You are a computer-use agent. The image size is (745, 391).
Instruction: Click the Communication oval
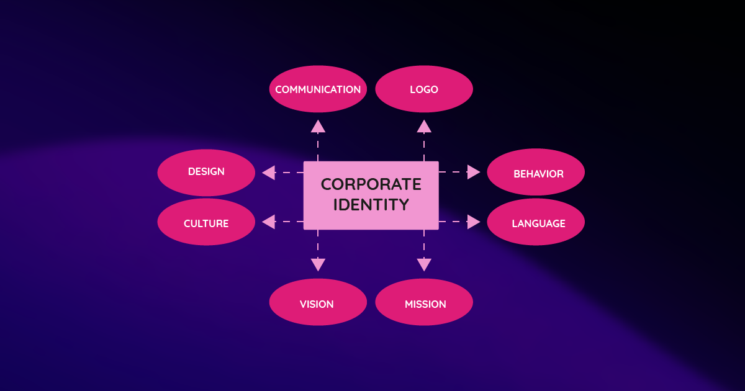(x=318, y=89)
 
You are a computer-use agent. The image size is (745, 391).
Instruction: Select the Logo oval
(x=424, y=89)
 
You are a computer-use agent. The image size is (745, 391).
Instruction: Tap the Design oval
(x=206, y=172)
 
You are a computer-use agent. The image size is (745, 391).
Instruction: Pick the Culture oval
(x=206, y=222)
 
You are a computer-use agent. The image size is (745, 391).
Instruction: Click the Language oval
(x=536, y=222)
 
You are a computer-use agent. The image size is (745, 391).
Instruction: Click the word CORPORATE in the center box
(x=371, y=184)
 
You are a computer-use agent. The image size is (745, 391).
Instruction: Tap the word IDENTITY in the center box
(x=371, y=204)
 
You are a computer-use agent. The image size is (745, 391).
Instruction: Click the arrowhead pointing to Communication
(x=318, y=126)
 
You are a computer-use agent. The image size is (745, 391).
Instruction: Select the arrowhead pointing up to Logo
(x=424, y=126)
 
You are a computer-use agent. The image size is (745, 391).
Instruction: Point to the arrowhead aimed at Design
(x=268, y=173)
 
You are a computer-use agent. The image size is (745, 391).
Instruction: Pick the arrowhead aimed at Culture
(x=268, y=222)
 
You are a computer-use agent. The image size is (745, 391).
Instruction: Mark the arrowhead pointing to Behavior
(x=474, y=172)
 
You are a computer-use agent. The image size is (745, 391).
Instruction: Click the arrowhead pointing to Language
(x=474, y=222)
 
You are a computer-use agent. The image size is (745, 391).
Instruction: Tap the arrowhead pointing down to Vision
(x=318, y=265)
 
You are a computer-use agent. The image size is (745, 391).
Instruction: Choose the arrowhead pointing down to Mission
(x=424, y=265)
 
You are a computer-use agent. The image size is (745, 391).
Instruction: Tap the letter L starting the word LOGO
(x=412, y=89)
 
